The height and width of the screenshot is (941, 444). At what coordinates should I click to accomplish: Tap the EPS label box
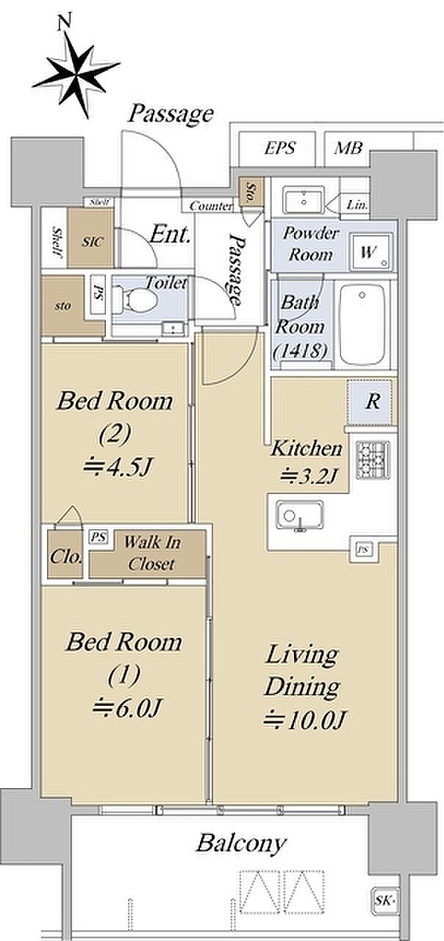[280, 148]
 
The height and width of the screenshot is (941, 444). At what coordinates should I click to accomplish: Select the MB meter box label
[348, 148]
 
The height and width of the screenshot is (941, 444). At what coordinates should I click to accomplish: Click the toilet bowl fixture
[136, 299]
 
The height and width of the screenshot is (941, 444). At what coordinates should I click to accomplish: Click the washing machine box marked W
[372, 252]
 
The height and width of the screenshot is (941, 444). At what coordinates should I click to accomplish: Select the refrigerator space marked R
[372, 401]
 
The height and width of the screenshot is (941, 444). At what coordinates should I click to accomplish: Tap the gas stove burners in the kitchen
[373, 460]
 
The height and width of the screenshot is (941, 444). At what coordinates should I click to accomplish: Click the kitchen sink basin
[299, 516]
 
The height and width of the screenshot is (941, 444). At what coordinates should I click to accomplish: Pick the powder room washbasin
[304, 201]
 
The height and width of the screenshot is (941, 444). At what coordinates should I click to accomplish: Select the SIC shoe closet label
[92, 242]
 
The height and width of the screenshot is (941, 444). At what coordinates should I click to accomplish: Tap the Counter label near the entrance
[210, 206]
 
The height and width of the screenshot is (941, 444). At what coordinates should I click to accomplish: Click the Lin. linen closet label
[357, 205]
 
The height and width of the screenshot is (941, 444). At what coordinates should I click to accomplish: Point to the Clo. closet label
[66, 557]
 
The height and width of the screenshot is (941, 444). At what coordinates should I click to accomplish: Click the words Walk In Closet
[151, 553]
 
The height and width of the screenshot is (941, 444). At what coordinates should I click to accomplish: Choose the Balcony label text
[241, 842]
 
